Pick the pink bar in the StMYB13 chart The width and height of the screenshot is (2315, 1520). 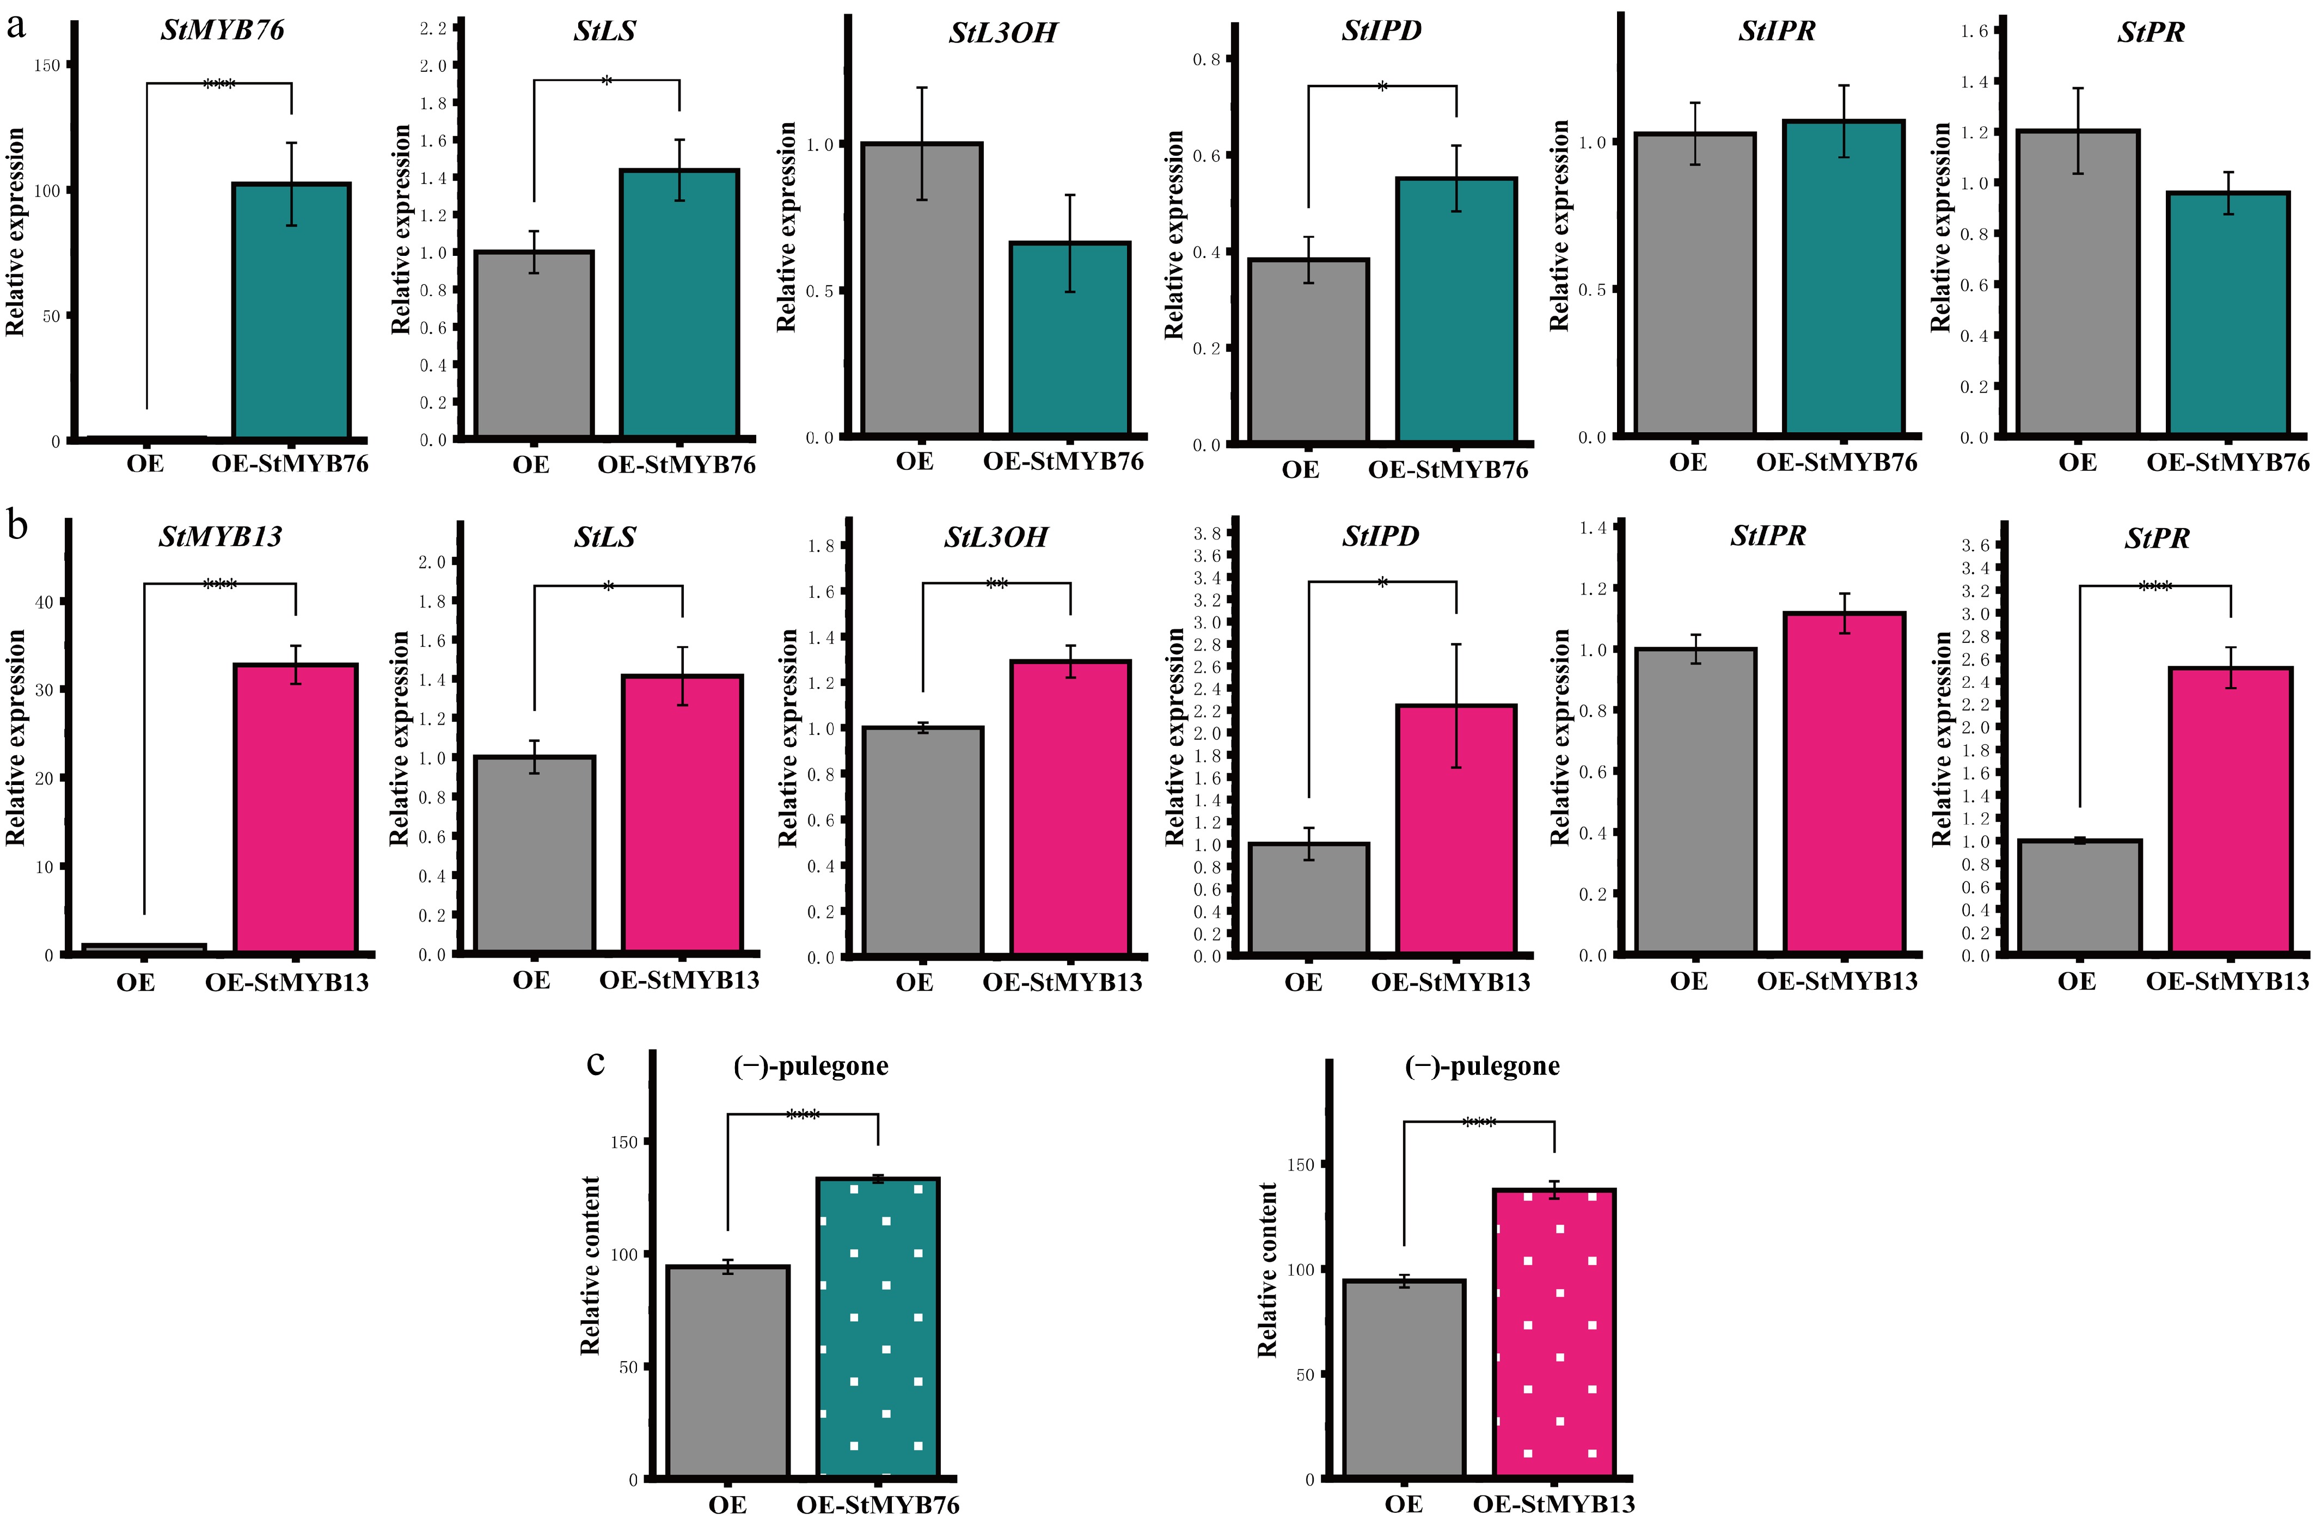296,807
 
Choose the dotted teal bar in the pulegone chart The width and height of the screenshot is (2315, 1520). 878,1327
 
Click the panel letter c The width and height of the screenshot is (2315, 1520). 596,1063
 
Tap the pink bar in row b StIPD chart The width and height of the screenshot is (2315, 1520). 1456,829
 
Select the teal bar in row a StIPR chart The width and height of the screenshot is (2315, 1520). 1844,277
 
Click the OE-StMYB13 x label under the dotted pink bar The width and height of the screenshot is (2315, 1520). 1553,1504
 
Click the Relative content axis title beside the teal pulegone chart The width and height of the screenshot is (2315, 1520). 590,1264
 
